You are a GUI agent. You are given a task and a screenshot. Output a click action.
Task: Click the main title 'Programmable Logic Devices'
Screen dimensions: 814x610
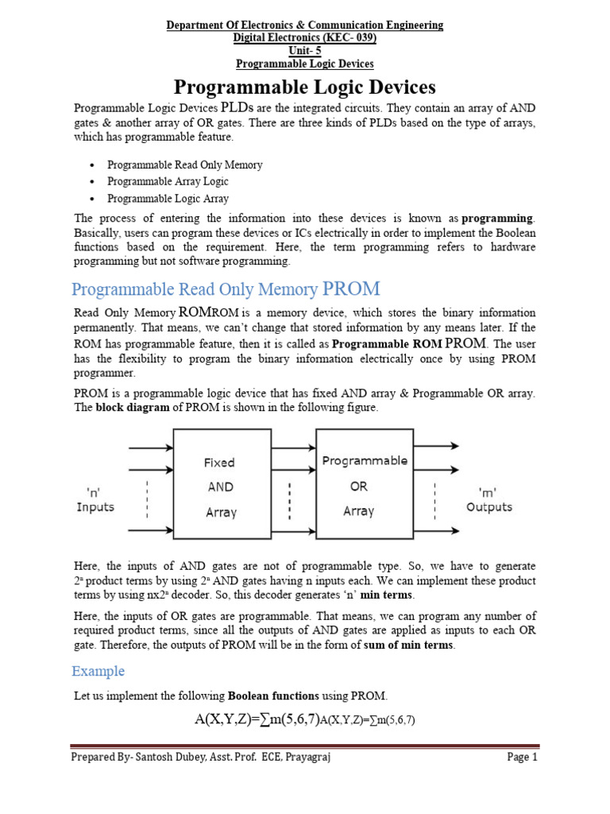coord(305,87)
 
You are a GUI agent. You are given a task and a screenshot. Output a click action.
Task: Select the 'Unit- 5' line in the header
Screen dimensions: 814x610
coord(305,50)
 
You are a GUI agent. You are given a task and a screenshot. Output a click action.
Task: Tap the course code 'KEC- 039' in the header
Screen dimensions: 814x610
coord(348,37)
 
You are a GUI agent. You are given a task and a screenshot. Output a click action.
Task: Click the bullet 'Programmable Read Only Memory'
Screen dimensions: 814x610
coord(184,165)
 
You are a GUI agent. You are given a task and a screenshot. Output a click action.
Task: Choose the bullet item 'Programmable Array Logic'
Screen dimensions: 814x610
coord(168,181)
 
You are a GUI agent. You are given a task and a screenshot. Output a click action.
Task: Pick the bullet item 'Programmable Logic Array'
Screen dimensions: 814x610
coord(168,199)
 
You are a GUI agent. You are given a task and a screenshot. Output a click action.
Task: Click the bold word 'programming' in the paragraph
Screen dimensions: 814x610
coord(498,218)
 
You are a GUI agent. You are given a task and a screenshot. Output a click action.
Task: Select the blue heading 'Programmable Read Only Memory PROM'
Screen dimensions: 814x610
coord(226,288)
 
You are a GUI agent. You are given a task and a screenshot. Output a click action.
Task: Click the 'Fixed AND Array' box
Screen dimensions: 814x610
coord(220,486)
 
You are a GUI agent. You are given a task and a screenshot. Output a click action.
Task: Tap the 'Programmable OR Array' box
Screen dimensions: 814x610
coord(364,485)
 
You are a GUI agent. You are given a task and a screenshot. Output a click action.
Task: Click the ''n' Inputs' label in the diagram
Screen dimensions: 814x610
coord(95,499)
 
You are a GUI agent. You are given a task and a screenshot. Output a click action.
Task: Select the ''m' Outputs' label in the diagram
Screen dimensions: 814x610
coord(488,499)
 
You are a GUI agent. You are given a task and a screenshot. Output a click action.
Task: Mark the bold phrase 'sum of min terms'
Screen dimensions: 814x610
coord(409,645)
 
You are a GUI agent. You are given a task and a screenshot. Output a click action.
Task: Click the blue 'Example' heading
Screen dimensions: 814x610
coord(98,671)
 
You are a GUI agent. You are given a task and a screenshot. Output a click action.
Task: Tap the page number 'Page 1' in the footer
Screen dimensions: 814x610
coord(522,758)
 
